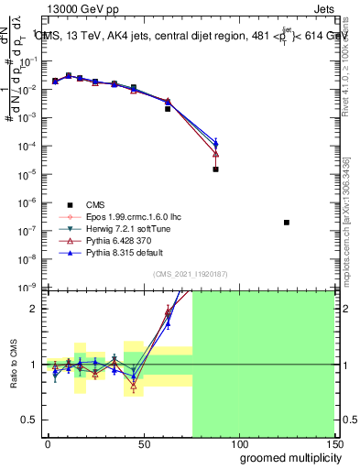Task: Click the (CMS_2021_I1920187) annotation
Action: [190, 274]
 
